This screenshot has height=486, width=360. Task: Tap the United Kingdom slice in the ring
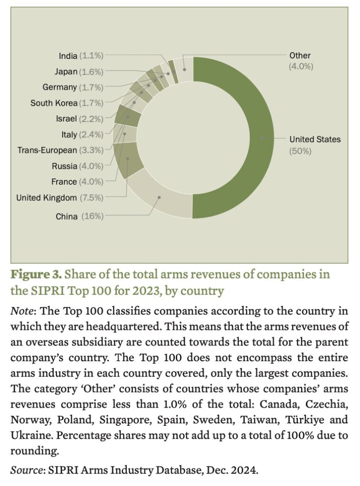coord(127,159)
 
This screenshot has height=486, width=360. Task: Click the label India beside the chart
coord(68,56)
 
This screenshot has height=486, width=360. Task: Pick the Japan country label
coord(66,72)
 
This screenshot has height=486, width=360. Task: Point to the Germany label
coord(59,87)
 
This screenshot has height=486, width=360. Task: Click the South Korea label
coord(54,103)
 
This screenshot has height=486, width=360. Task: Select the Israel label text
coord(66,119)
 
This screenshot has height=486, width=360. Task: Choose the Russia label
coord(64,166)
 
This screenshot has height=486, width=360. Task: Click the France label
coord(64,181)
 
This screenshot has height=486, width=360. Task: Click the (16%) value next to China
coord(92,216)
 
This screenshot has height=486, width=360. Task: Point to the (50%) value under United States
coord(300,151)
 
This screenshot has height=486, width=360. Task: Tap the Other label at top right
coord(300,56)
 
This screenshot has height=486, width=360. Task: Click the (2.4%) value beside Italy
coord(91,134)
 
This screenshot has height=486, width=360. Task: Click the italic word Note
coord(21,311)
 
